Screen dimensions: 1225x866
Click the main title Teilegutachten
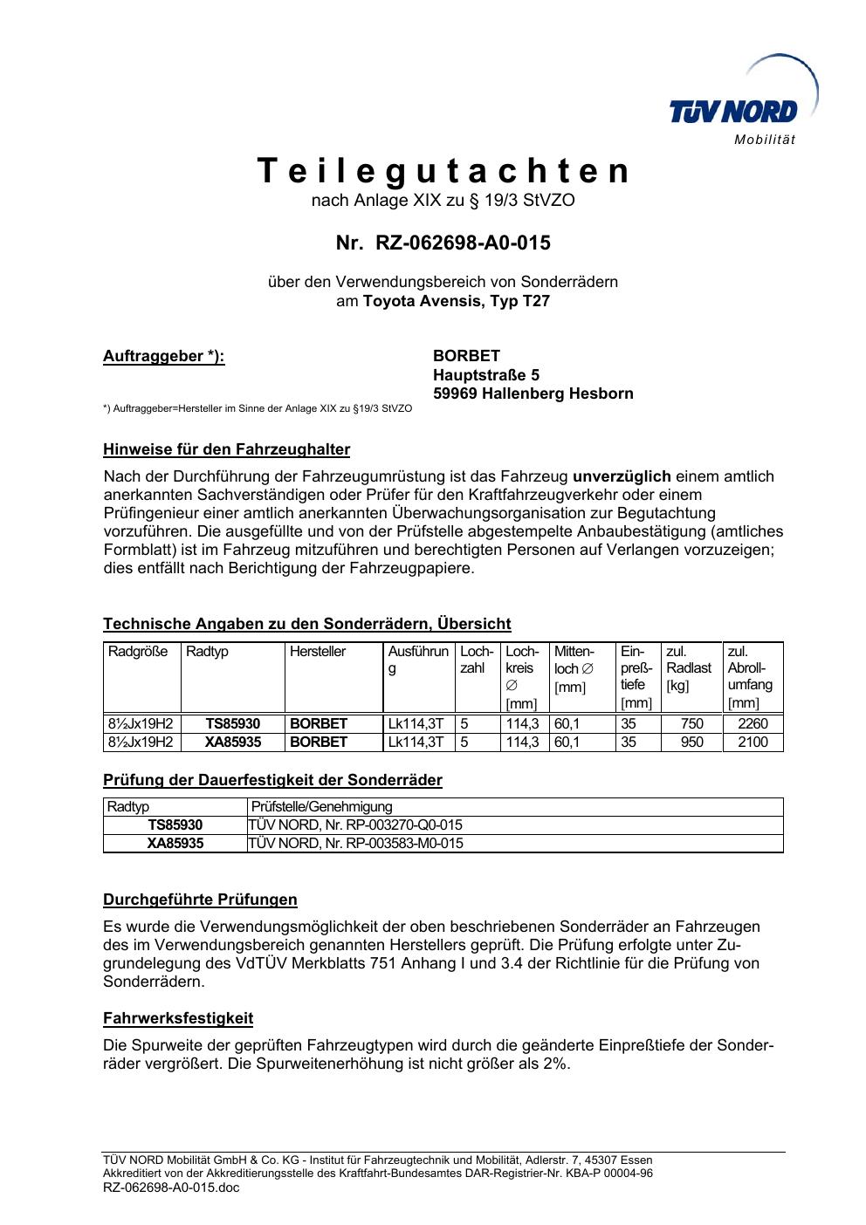point(443,171)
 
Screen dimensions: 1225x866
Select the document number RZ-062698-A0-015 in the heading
point(463,243)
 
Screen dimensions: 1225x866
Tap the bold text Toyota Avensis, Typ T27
point(457,301)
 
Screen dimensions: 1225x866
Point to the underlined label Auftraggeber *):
point(164,356)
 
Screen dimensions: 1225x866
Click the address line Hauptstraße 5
point(486,375)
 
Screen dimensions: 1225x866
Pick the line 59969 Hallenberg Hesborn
point(533,394)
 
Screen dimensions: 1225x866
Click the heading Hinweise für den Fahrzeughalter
point(226,450)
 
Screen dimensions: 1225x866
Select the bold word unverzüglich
point(622,476)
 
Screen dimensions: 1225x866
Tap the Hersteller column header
point(318,652)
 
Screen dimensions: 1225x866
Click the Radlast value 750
point(691,724)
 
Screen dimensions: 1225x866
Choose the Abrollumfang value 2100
point(753,743)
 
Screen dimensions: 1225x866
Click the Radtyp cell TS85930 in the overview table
point(233,724)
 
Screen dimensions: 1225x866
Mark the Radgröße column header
point(138,652)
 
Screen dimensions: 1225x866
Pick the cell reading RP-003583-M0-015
point(355,844)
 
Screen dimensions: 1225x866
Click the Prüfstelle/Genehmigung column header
point(322,807)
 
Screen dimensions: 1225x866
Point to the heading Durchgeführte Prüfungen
point(200,900)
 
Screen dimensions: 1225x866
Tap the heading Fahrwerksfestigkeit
point(178,1018)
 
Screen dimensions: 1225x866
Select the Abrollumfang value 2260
point(753,724)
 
